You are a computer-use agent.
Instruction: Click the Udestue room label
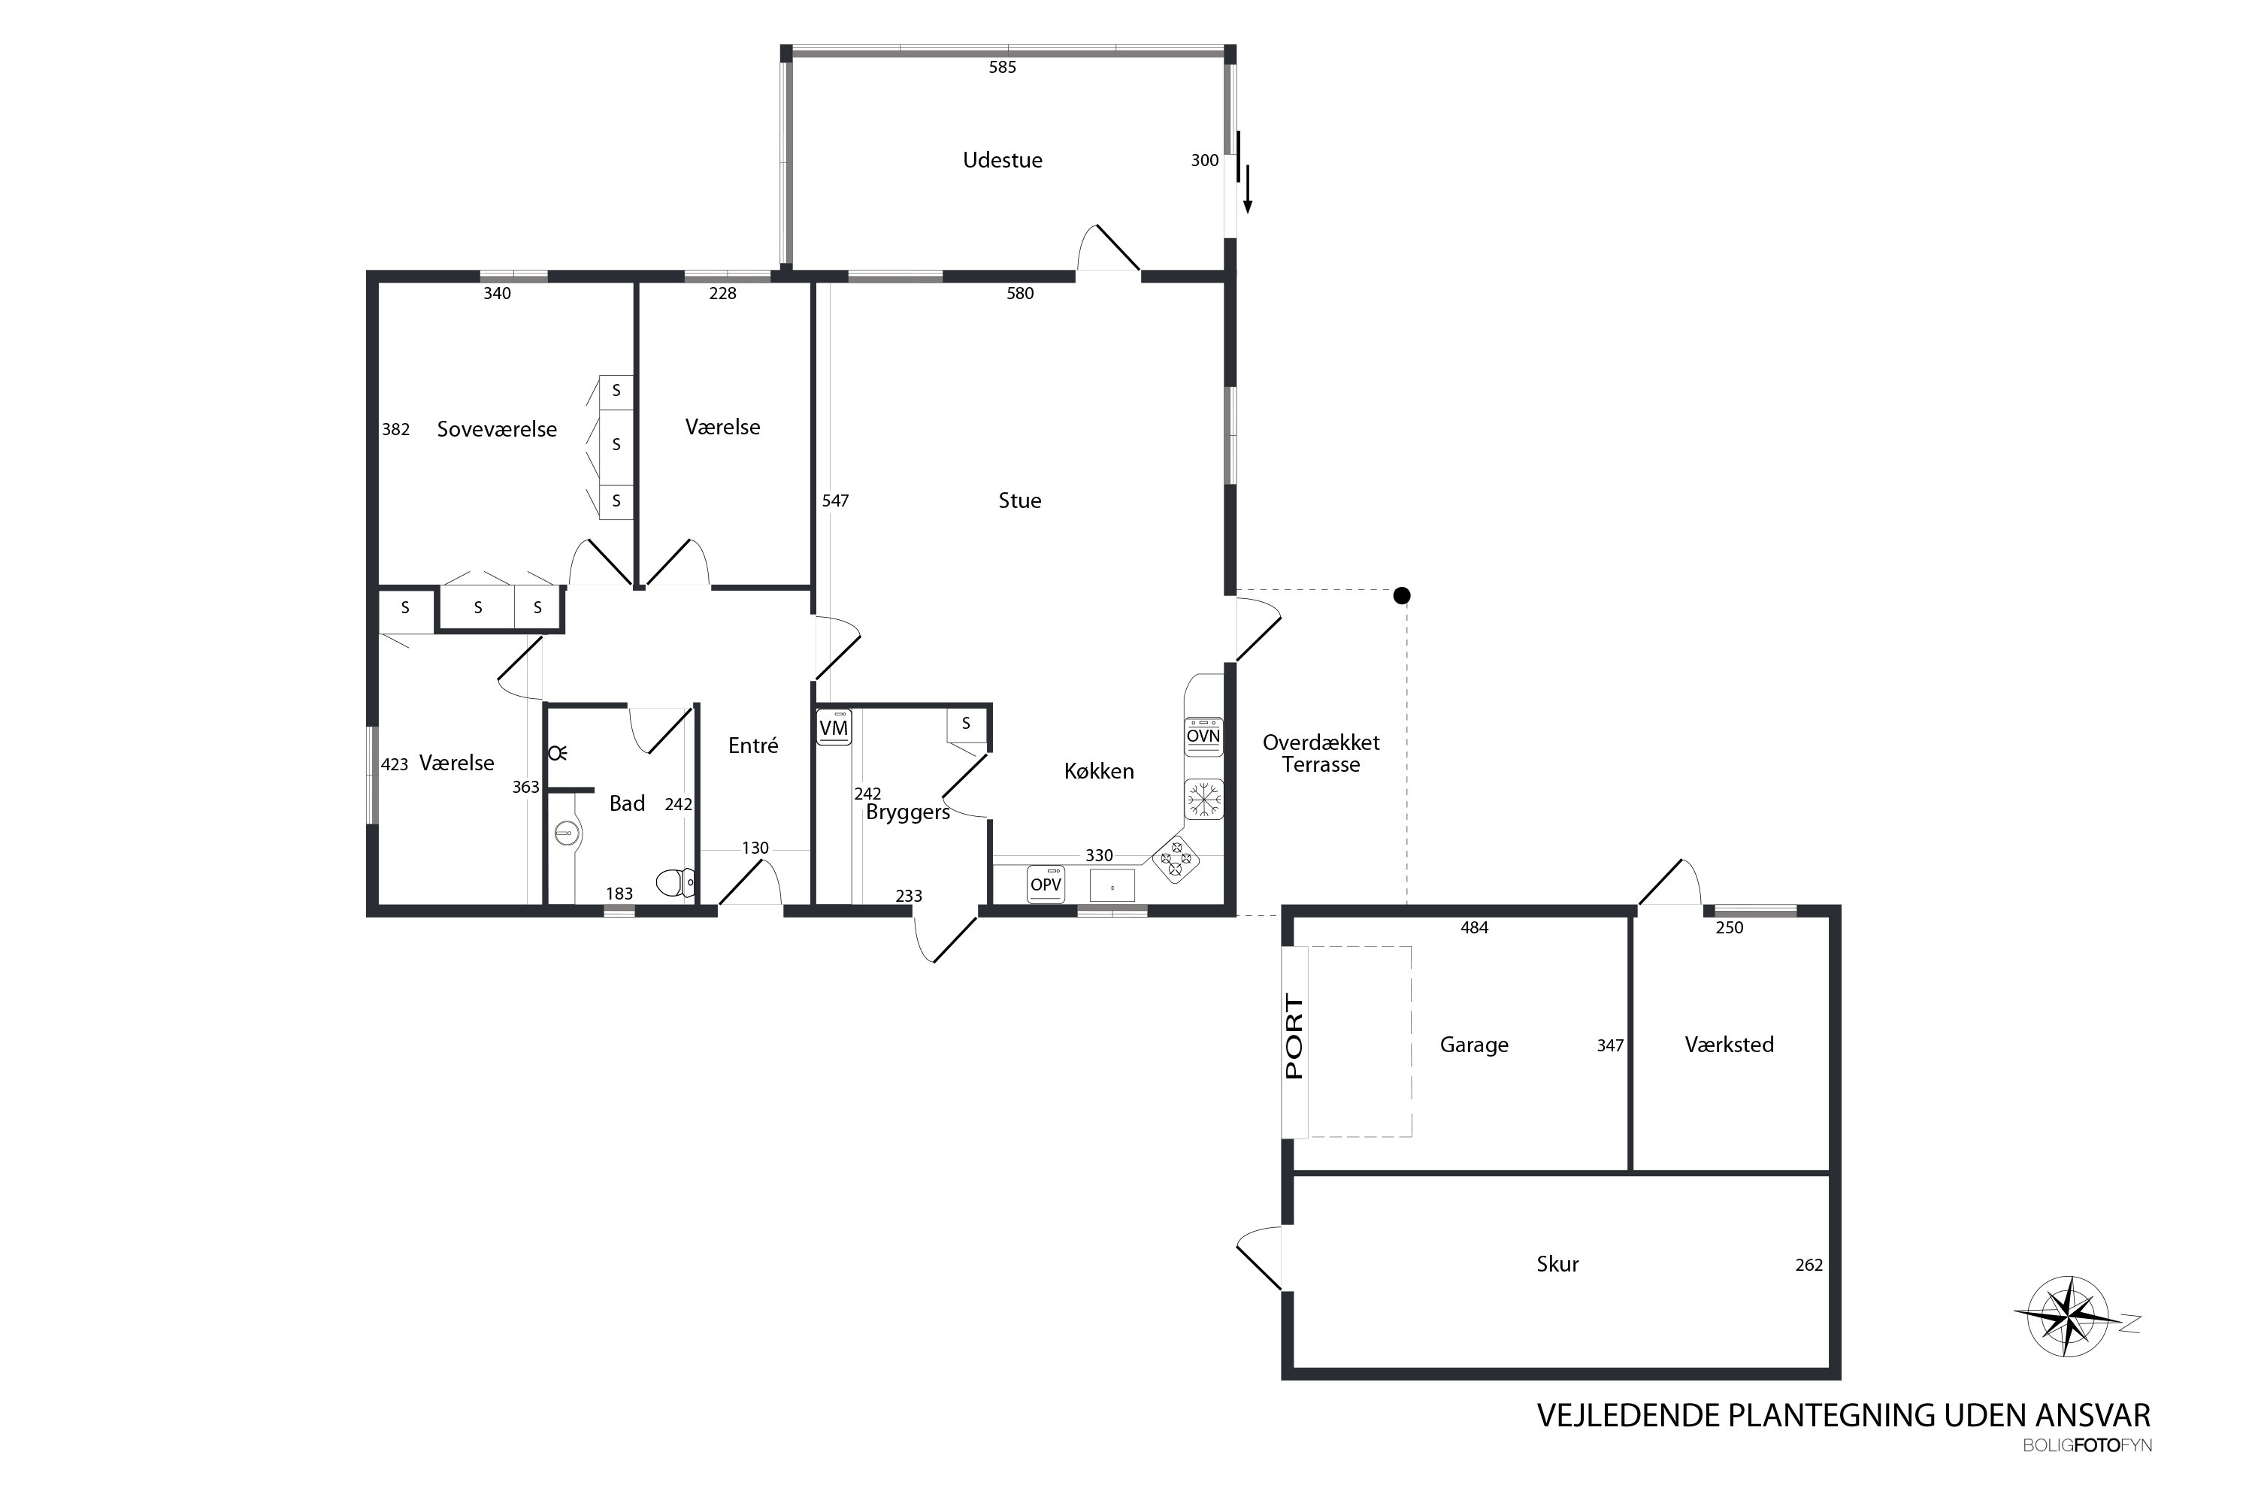click(x=1002, y=160)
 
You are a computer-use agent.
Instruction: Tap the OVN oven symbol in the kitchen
click(x=1203, y=736)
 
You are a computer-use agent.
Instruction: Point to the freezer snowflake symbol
click(x=1203, y=800)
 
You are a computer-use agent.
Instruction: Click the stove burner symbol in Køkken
click(x=1176, y=859)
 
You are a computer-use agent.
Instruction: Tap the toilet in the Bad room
click(x=676, y=882)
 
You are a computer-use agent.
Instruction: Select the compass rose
click(x=2069, y=1316)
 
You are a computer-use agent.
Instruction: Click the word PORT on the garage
click(x=1294, y=1037)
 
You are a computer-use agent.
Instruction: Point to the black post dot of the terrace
click(x=1402, y=596)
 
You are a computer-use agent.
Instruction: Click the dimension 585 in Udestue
click(x=1002, y=67)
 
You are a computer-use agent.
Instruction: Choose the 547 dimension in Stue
click(x=835, y=500)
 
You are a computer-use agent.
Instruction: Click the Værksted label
click(x=1729, y=1045)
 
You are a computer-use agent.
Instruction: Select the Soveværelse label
click(x=497, y=429)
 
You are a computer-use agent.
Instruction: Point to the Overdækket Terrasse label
click(x=1321, y=754)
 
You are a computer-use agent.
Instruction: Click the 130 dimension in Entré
click(x=755, y=848)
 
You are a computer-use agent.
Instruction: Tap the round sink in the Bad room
click(x=568, y=834)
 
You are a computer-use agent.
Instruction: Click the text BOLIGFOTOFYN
click(x=2087, y=1445)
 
